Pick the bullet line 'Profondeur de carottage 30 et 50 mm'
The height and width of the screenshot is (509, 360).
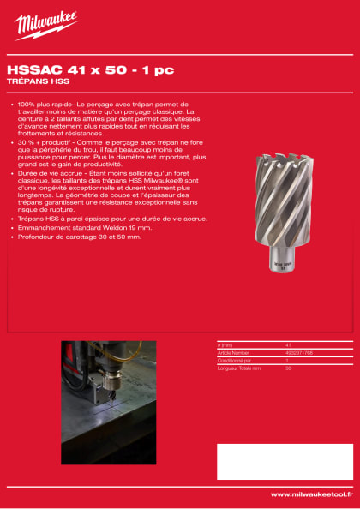(78, 236)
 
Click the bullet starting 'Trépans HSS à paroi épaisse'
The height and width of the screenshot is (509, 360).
(111, 219)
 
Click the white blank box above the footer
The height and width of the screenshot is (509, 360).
(284, 461)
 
